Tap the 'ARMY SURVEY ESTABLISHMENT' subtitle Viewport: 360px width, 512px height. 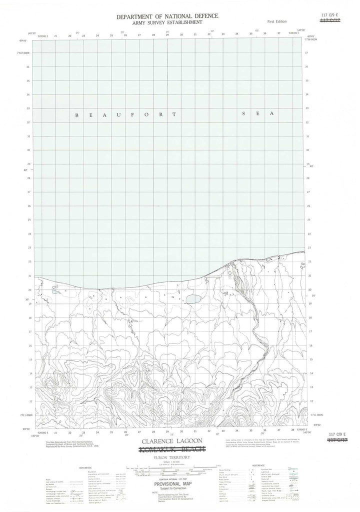(x=167, y=22)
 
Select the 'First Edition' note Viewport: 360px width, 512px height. (x=277, y=22)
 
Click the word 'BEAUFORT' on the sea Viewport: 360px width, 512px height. (x=125, y=115)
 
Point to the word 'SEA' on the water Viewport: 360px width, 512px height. (x=258, y=114)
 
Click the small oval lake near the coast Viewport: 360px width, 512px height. (x=193, y=299)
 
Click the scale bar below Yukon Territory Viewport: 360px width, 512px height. (x=172, y=470)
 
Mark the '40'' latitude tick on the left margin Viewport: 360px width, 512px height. (x=28, y=171)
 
